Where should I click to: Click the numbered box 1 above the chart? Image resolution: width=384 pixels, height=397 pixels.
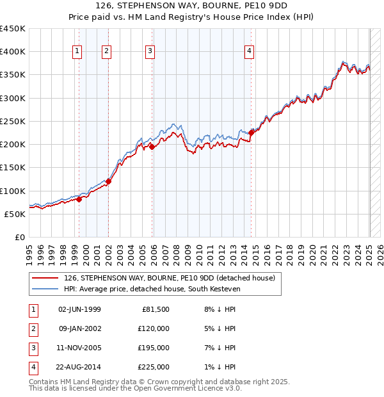(77, 52)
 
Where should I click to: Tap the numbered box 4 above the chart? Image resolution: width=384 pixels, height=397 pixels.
(249, 52)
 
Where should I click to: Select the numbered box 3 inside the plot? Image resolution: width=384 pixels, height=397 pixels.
(150, 52)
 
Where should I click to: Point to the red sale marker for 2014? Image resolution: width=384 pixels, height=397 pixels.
(252, 133)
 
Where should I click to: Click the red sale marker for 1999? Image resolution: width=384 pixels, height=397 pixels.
(79, 199)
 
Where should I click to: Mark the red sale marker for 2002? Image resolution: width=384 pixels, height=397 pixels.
(109, 181)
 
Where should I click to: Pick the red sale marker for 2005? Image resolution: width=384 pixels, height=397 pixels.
(153, 147)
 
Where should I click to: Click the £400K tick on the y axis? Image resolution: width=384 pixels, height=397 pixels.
(13, 52)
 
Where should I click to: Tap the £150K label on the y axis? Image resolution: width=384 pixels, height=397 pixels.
(13, 168)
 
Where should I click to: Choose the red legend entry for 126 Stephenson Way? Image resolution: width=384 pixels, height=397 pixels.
(169, 278)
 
